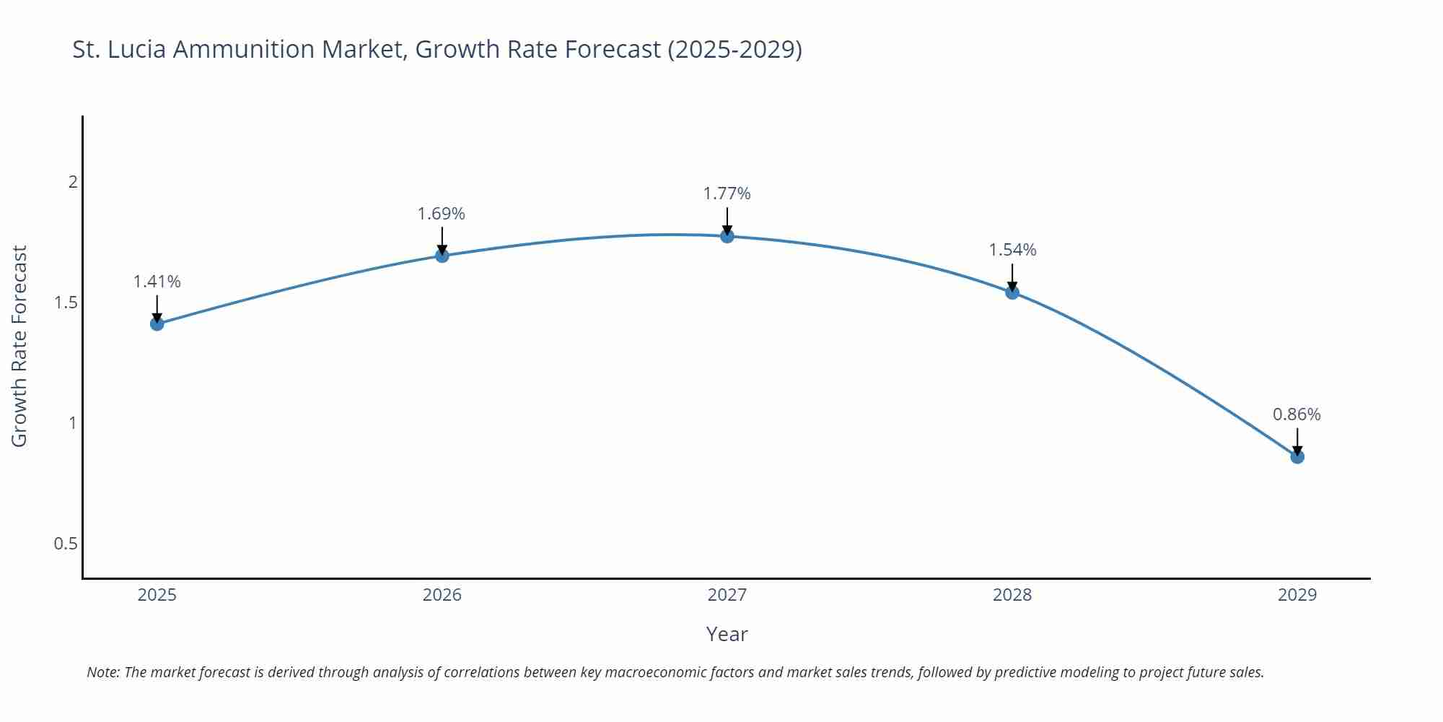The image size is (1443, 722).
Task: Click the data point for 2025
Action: point(157,323)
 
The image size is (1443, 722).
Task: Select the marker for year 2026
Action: point(442,256)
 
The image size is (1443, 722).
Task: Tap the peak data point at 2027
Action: point(727,236)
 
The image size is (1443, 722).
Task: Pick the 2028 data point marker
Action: point(1012,292)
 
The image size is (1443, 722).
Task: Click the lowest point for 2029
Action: point(1297,457)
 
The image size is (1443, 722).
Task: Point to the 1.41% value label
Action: point(157,282)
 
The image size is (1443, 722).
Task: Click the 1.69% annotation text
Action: point(442,214)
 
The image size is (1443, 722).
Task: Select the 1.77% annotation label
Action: point(727,193)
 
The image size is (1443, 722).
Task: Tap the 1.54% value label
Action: point(1012,250)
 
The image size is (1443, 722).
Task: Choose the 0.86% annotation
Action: point(1297,414)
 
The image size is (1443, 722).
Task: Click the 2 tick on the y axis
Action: point(72,182)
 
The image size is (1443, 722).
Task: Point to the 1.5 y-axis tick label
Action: point(66,303)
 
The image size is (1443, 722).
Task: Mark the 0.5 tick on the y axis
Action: point(66,544)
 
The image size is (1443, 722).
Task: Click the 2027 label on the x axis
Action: point(727,595)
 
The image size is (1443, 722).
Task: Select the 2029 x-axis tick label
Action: point(1297,595)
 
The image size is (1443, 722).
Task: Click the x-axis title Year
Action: point(727,634)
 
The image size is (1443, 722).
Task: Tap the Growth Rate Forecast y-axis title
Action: point(19,346)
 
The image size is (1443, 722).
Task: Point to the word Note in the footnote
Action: point(102,672)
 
